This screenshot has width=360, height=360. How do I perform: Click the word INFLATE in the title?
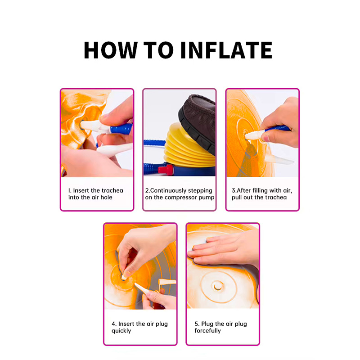coord(226,50)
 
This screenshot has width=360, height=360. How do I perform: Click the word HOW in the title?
coord(111,50)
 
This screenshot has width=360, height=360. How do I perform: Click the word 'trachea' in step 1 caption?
coord(112,190)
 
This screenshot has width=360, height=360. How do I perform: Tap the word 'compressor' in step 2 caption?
coord(181,198)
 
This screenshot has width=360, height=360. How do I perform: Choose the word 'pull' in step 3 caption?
coord(237,198)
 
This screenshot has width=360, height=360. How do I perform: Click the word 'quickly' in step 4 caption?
coord(121,331)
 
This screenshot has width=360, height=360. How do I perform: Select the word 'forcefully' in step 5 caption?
coord(207,331)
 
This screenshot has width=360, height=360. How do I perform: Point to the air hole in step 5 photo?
coord(217,286)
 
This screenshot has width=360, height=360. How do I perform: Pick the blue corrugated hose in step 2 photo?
coord(154,143)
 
